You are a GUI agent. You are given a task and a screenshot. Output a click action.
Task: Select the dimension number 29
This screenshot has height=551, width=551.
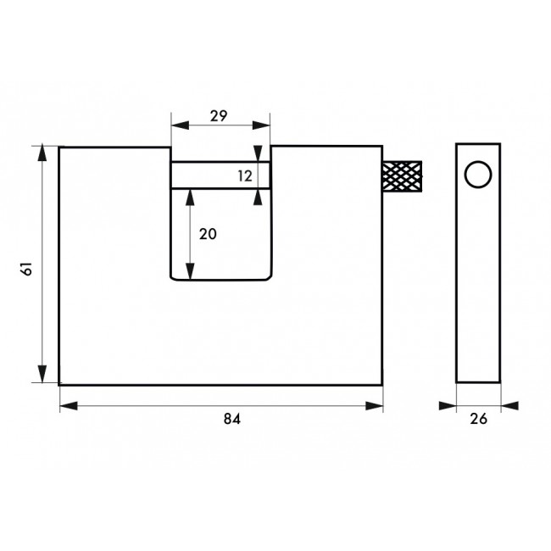pos(219,117)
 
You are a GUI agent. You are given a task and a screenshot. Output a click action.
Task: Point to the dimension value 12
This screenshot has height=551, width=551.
pos(245,175)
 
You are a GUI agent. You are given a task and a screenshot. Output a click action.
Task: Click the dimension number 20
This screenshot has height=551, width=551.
pos(208,235)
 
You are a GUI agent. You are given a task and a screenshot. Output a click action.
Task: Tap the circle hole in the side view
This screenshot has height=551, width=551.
pos(478,175)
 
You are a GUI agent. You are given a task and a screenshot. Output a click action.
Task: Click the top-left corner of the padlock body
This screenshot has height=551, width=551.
pos(59,147)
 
